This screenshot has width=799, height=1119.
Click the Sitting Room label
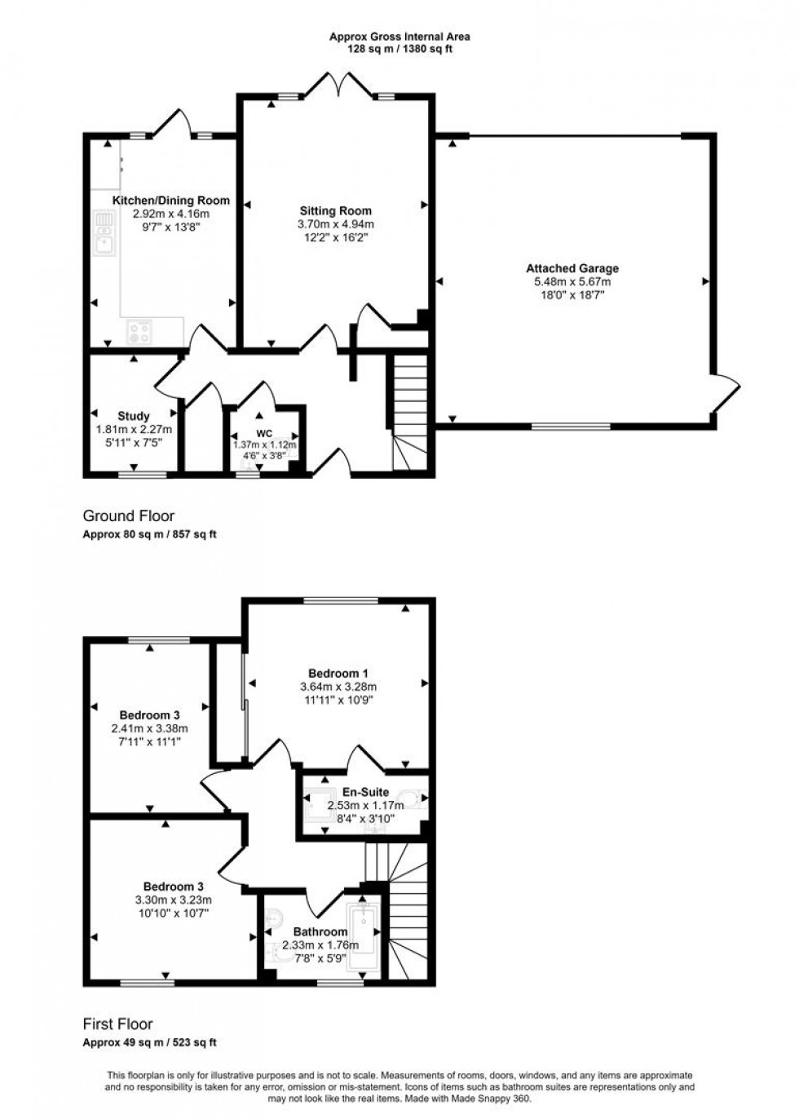[x=336, y=210]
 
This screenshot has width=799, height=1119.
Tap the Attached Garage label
[x=572, y=268]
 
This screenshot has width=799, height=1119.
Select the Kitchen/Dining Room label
[x=171, y=201]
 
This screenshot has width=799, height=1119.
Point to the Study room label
[x=134, y=416]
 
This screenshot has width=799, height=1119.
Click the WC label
[x=265, y=432]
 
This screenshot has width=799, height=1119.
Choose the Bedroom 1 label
[x=338, y=673]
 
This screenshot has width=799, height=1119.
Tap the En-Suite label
[x=365, y=792]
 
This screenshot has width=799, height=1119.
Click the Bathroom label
[x=320, y=931]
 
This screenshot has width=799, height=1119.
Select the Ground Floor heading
[x=129, y=515]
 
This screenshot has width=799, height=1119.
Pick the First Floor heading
[x=118, y=1024]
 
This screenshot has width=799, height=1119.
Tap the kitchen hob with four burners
[x=139, y=331]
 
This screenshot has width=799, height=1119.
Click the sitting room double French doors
[x=339, y=83]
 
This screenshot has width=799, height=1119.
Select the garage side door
[x=726, y=392]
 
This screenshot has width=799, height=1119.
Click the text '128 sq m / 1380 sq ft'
[x=399, y=50]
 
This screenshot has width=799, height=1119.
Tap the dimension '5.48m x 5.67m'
[x=572, y=281]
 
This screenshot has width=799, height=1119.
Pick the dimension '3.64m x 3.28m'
[x=338, y=687]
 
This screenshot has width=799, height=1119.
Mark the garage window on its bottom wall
[x=571, y=427]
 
